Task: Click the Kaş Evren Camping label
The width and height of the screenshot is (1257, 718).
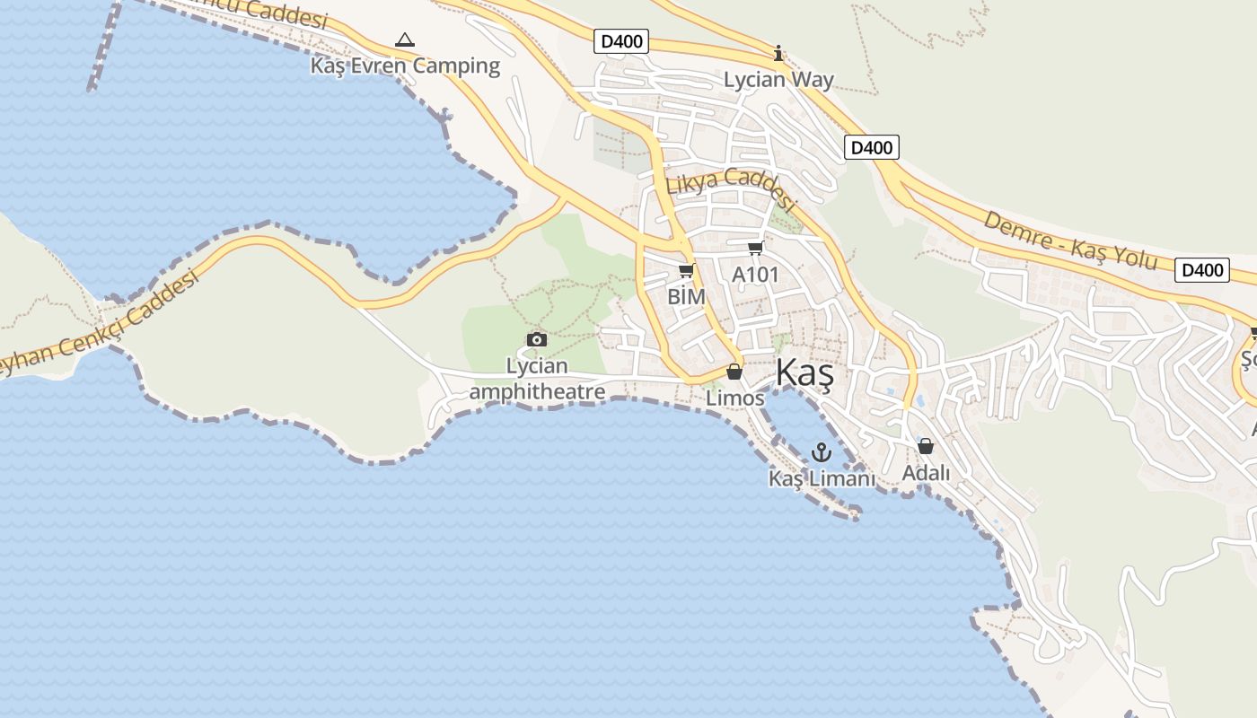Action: (405, 66)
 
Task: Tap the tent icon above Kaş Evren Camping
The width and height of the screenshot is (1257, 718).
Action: (405, 40)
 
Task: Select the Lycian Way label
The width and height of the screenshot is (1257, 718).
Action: (778, 80)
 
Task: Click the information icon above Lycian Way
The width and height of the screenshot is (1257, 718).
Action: (778, 54)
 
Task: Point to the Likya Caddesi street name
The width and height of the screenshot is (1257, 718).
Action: (731, 188)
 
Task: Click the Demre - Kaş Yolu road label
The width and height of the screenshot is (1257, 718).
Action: (1070, 240)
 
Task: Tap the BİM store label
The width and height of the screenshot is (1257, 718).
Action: (686, 296)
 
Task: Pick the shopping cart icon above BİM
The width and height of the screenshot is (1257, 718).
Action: (686, 271)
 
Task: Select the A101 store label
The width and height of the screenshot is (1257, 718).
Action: (755, 275)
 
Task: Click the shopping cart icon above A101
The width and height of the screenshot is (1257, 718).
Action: (755, 249)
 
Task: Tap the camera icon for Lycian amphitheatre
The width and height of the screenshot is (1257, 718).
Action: (537, 339)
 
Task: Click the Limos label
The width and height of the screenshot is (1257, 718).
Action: (734, 398)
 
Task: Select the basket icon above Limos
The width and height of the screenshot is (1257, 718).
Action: (734, 372)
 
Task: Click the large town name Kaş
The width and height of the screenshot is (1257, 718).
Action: (804, 372)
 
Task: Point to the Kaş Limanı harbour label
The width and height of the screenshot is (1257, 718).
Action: (822, 479)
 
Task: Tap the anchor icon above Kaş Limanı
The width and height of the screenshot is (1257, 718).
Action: (822, 452)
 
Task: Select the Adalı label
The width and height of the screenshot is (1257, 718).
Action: (926, 472)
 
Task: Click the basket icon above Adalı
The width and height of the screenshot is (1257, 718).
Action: (926, 446)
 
